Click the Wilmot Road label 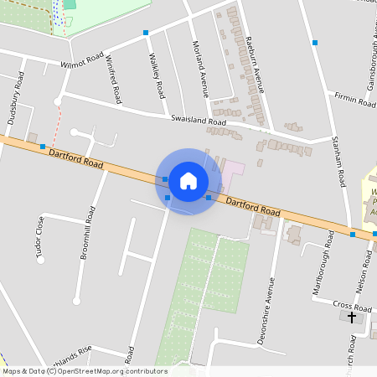tap(79, 64)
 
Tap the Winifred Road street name tap(114, 79)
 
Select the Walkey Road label tap(155, 76)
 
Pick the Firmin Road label tap(356, 101)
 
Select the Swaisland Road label tap(199, 121)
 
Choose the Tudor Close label tap(39, 240)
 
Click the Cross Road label tap(351, 306)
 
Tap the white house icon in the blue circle tap(188, 180)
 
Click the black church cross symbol tap(351, 318)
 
